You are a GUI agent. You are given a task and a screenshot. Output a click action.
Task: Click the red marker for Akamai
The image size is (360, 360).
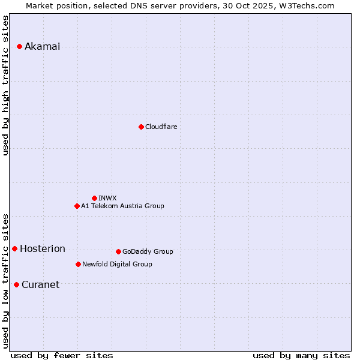pos(19,46)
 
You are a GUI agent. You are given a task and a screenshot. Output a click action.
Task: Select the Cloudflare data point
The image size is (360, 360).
pos(141,127)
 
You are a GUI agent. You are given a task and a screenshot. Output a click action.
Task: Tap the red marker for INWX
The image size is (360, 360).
pos(94,198)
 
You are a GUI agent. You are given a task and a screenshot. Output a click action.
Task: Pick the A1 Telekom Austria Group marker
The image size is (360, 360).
pos(77,206)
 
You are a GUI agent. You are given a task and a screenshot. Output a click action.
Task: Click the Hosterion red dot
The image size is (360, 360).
pos(14,248)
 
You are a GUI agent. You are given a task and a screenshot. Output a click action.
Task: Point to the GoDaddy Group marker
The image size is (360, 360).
pos(118,251)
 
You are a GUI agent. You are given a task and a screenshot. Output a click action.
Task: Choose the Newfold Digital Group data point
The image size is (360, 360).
pos(78,264)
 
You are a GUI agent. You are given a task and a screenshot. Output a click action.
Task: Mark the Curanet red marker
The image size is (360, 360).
pos(16,284)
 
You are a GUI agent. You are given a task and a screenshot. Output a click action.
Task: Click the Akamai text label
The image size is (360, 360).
pos(42,47)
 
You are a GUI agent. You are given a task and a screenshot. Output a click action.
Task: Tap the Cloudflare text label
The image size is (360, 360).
pos(161,127)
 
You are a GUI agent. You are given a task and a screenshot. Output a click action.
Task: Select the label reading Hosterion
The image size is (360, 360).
pos(42,249)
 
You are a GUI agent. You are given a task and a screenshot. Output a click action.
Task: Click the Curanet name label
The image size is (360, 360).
pos(40,285)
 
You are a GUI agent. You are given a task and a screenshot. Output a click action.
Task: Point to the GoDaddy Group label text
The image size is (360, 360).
pos(148,252)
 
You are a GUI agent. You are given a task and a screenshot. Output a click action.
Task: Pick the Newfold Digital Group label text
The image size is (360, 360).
pos(117,265)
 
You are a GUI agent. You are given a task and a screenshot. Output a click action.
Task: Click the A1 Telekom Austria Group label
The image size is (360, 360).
pos(122,206)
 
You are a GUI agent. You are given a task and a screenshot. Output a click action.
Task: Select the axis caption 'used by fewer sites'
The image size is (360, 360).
pos(62,356)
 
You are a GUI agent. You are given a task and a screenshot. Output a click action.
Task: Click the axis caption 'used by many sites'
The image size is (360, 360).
pos(301,356)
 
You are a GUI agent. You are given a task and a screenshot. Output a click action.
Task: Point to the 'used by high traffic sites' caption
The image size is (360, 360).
pos(6,85)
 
